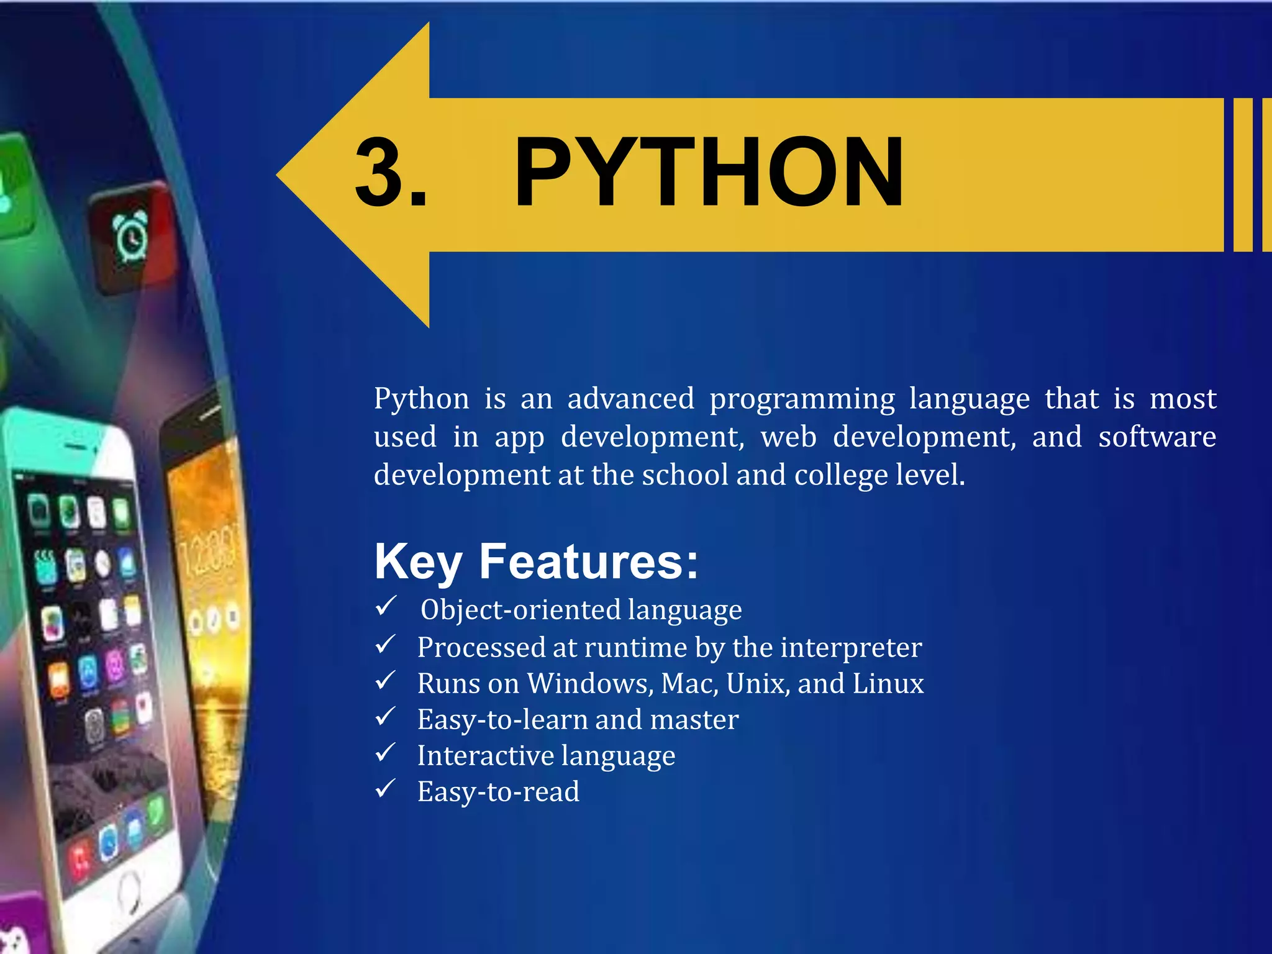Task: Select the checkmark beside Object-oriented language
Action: click(386, 606)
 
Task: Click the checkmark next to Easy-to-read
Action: click(386, 789)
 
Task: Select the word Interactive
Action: click(485, 755)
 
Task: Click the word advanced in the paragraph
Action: click(630, 399)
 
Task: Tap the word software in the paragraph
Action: click(1156, 437)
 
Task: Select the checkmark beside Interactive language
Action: click(386, 753)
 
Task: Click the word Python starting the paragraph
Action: click(421, 399)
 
